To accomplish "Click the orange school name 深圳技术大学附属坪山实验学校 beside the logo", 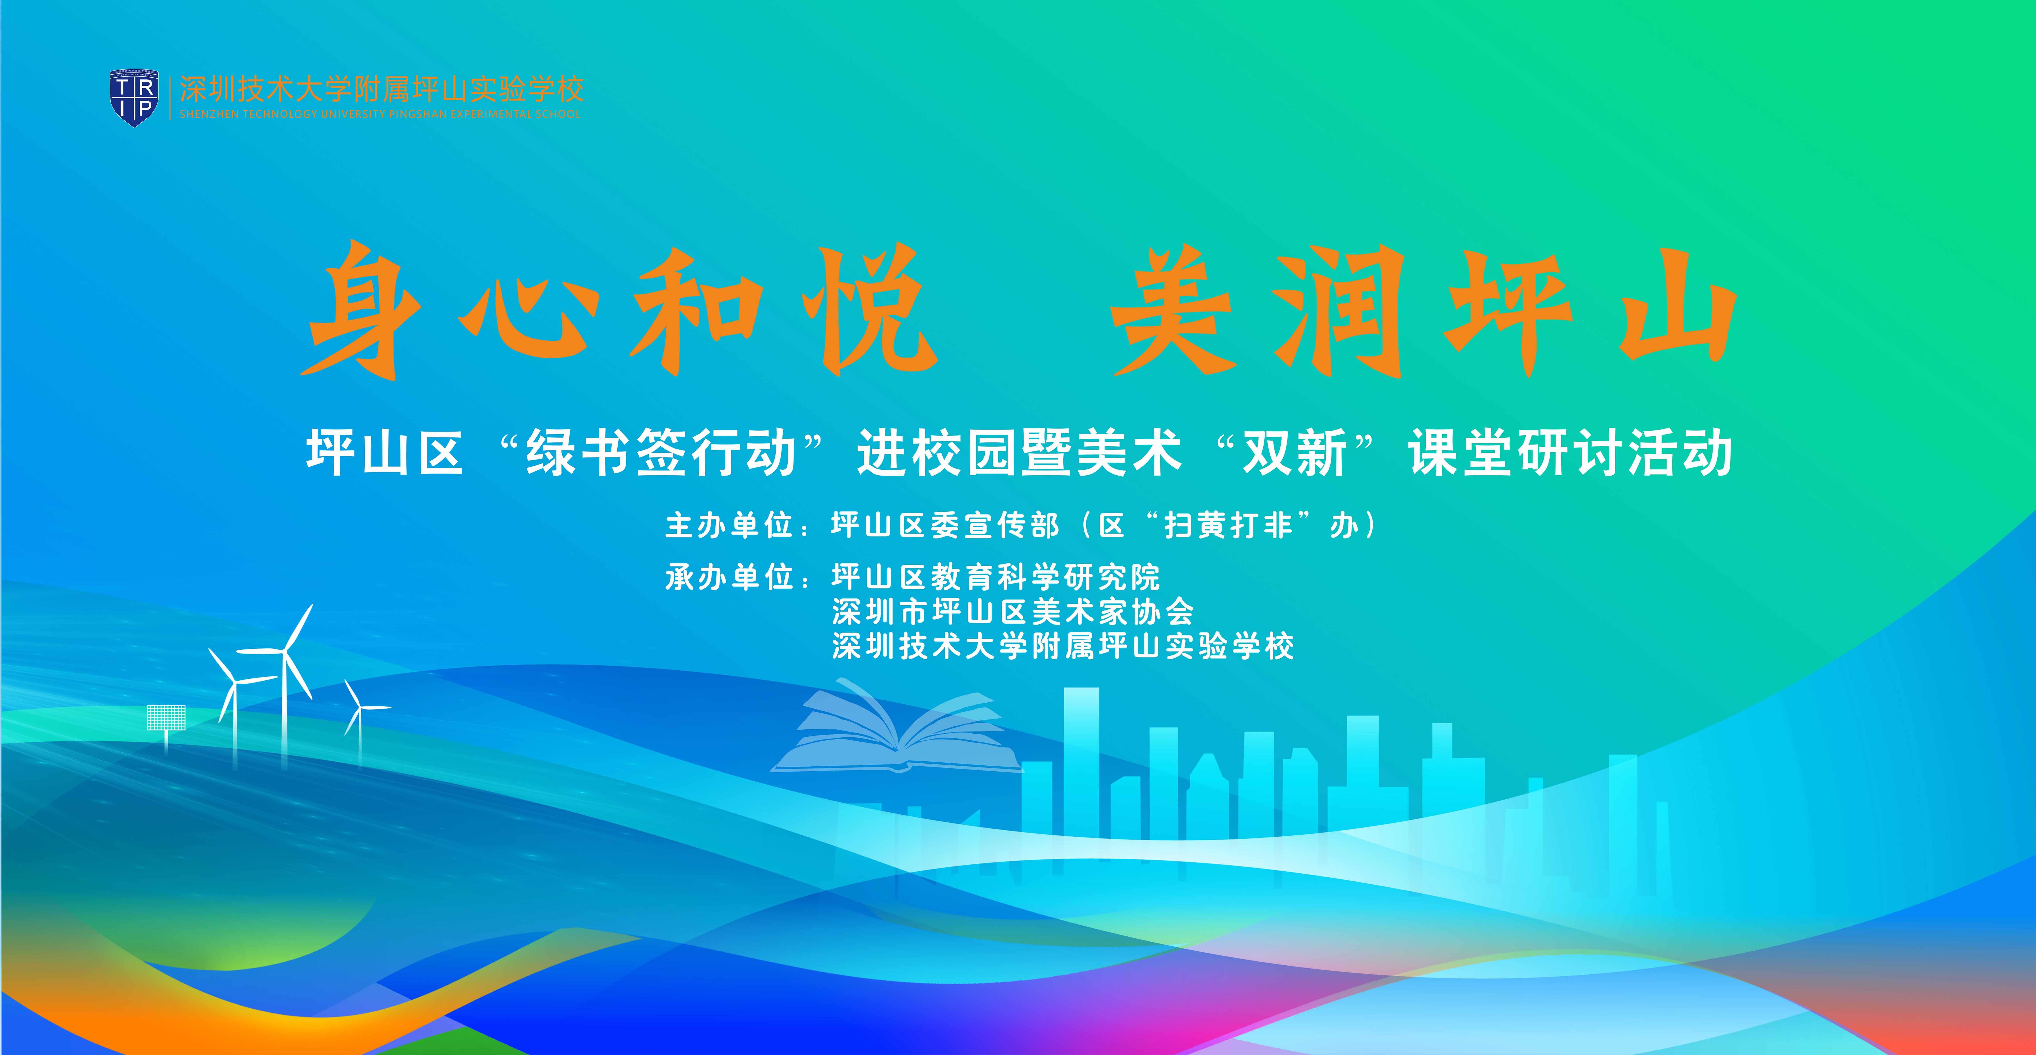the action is click(382, 89).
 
